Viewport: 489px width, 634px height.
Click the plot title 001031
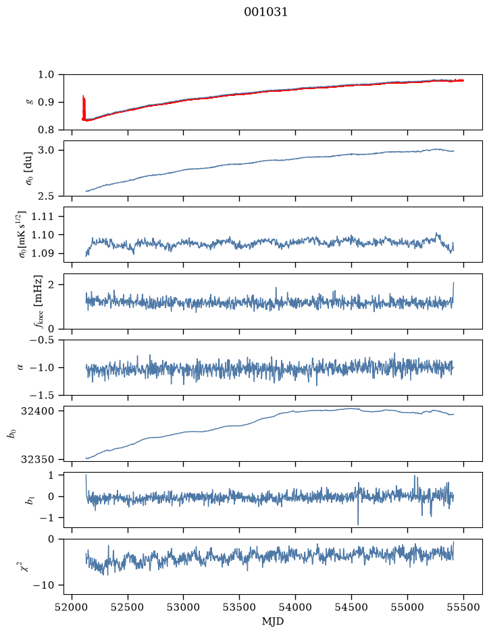tap(265, 12)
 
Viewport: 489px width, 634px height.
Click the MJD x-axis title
tap(273, 621)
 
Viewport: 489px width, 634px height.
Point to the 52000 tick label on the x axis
tap(72, 607)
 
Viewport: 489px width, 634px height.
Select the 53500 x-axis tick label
tap(240, 607)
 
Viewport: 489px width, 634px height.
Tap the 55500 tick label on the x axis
tap(463, 607)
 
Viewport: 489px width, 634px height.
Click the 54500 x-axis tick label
tap(351, 607)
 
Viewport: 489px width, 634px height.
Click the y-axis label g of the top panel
tap(29, 103)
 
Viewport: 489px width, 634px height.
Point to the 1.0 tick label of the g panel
tap(46, 74)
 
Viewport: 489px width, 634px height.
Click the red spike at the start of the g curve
tap(84, 107)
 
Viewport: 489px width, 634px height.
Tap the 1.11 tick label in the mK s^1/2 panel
tap(42, 216)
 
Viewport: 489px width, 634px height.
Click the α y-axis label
tap(20, 367)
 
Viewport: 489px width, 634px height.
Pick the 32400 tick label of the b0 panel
tap(36, 411)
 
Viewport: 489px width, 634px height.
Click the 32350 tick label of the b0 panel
tap(36, 459)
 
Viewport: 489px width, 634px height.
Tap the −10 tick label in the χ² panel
tap(45, 585)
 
